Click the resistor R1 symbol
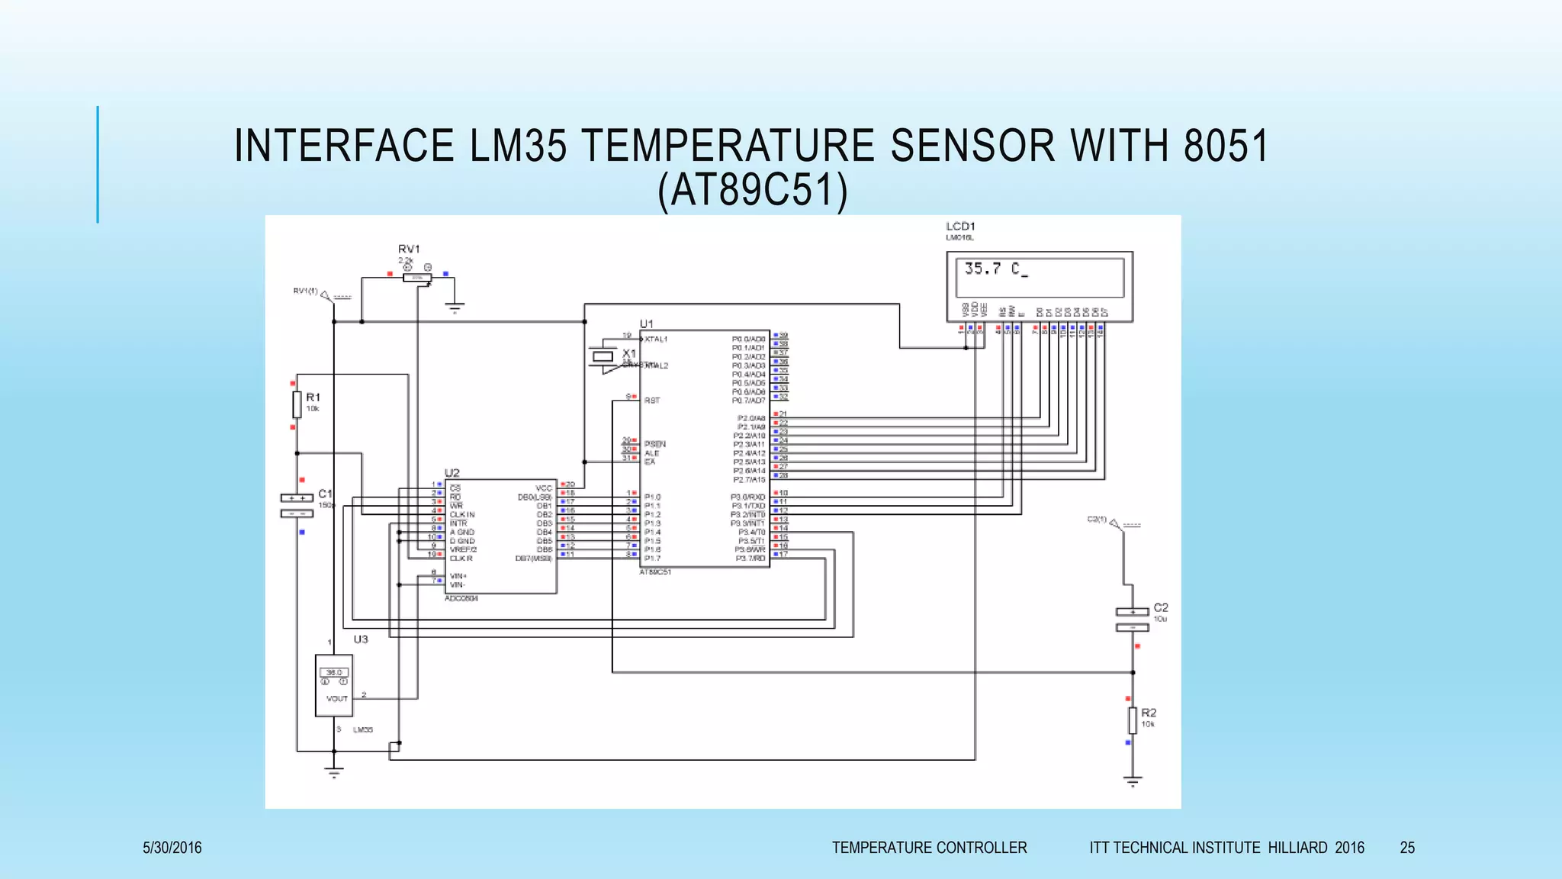click(297, 404)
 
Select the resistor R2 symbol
click(1133, 720)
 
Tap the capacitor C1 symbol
click(297, 505)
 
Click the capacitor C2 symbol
click(1132, 619)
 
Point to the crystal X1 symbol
click(603, 356)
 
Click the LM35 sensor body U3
click(334, 685)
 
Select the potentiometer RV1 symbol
click(417, 278)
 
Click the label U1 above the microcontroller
click(647, 324)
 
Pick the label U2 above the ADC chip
click(452, 473)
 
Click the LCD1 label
click(960, 227)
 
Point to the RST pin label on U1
click(652, 400)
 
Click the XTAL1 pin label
click(656, 339)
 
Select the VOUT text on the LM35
click(336, 698)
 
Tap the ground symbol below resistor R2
click(1133, 781)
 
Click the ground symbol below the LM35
click(334, 772)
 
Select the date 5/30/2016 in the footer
click(172, 848)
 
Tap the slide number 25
click(1407, 848)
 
